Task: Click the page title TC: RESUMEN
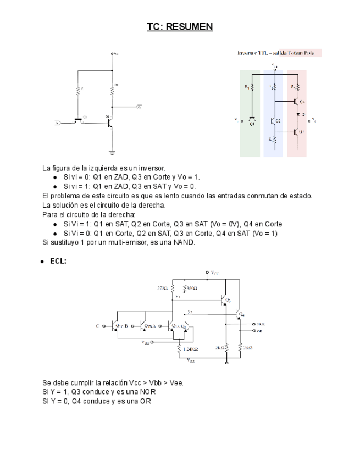coord(179,26)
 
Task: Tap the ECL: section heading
coord(58,262)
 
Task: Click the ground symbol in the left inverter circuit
coord(112,152)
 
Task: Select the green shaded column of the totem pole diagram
coord(250,113)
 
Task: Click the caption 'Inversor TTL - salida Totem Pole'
coord(279,53)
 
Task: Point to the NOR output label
coord(261,325)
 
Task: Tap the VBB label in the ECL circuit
coord(146,342)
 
